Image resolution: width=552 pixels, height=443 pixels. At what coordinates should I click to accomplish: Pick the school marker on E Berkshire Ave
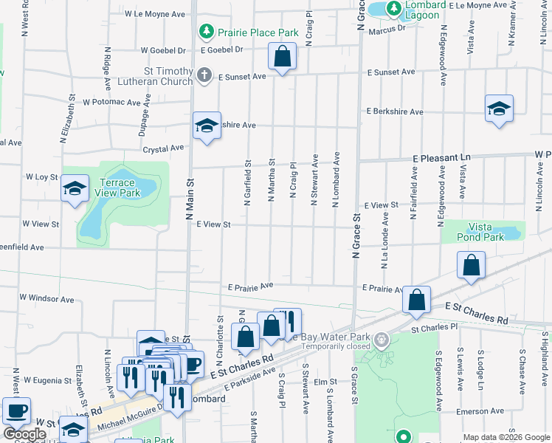pyautogui.click(x=499, y=109)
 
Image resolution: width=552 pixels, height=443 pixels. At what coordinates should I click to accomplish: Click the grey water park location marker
pyautogui.click(x=381, y=340)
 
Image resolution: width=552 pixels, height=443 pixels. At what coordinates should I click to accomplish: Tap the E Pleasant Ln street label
pyautogui.click(x=441, y=158)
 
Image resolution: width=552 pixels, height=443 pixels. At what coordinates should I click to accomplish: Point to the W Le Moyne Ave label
pyautogui.click(x=154, y=13)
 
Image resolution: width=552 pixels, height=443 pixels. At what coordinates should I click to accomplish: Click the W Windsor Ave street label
pyautogui.click(x=46, y=299)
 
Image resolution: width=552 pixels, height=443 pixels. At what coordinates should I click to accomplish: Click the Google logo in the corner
pyautogui.click(x=24, y=434)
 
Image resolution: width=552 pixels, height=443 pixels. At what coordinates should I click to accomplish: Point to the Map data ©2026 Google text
pyautogui.click(x=505, y=437)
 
